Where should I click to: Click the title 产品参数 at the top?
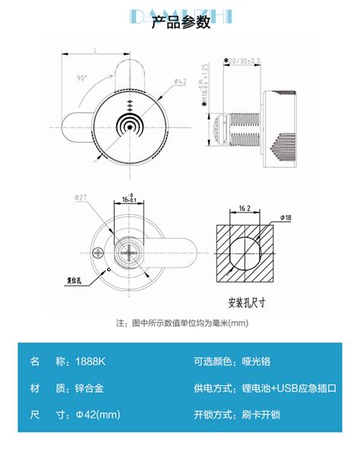(x=180, y=22)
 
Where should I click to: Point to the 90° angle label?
(x=82, y=77)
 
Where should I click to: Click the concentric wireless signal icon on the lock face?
(x=128, y=123)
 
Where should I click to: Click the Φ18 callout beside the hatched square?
(x=285, y=218)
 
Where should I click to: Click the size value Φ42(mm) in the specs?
(x=99, y=415)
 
